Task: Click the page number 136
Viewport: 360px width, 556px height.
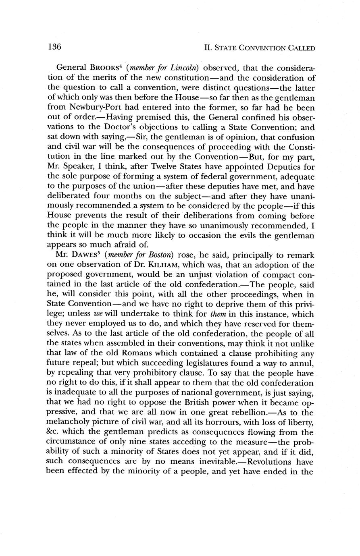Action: tap(54, 47)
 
